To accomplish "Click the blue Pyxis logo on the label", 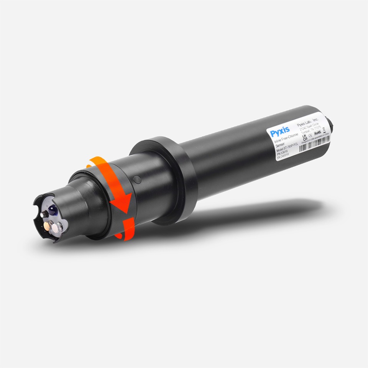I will coord(279,133).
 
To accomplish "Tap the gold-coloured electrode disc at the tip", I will coord(48,226).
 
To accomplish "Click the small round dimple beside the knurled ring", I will coord(137,179).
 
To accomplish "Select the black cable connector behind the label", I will coord(329,122).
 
